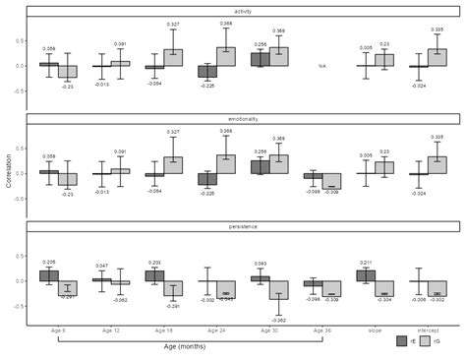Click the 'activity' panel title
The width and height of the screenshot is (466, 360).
tap(243, 12)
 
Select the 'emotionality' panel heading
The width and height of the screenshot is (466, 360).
tap(243, 119)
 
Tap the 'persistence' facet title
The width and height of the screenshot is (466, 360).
tap(243, 227)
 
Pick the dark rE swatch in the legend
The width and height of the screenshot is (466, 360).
tap(402, 341)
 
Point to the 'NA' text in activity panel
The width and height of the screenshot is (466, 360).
tap(321, 66)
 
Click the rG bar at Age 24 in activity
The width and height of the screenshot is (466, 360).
tap(226, 57)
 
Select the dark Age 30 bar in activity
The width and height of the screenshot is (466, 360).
tap(260, 60)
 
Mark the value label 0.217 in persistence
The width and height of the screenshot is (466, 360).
tap(366, 263)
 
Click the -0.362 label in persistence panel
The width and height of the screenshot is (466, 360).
tap(279, 321)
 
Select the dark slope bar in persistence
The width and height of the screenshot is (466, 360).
tap(366, 276)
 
